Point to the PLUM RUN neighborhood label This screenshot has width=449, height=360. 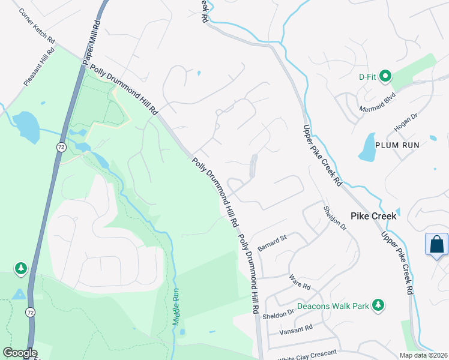[x=396, y=145]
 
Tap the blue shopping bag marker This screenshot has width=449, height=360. [x=436, y=245]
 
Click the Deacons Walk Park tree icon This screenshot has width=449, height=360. [x=378, y=306]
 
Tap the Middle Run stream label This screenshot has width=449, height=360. [x=176, y=307]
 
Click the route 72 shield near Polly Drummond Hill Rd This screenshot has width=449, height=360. [x=61, y=147]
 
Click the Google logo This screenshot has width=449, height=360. [x=20, y=353]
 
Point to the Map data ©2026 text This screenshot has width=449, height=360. [x=424, y=355]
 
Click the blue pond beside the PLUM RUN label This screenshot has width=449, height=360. [x=367, y=148]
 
